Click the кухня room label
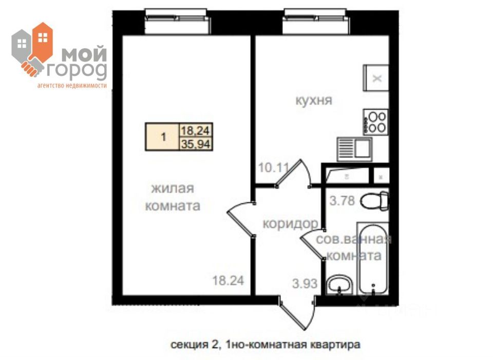coord(313,100)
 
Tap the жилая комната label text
coord(172,197)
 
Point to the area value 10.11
coord(274,167)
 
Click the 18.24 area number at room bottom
coord(227,280)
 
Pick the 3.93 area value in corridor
coord(304,283)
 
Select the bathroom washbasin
coord(339,283)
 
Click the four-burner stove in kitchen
coord(375,122)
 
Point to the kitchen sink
coord(355,149)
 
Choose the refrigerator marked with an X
coord(376,78)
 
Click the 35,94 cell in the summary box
coord(196,144)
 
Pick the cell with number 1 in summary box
coord(163,137)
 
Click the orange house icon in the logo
coord(43,41)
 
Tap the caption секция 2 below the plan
coord(196,344)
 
